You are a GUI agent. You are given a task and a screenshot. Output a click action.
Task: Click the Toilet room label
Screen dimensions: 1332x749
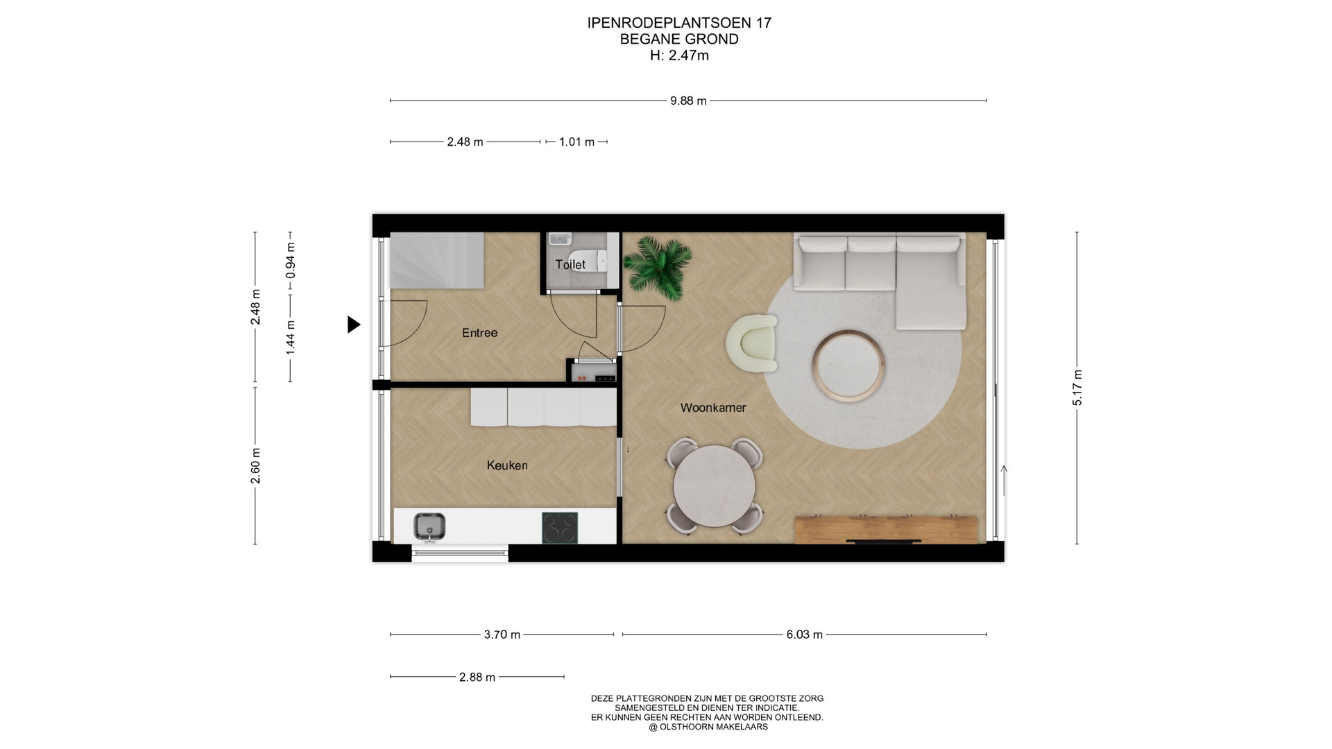click(570, 264)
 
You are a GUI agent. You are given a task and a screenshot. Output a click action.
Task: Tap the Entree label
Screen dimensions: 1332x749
click(479, 333)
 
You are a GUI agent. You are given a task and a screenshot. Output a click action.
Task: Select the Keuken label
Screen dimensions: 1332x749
click(507, 465)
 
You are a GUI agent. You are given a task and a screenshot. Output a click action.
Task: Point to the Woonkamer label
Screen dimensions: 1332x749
click(713, 408)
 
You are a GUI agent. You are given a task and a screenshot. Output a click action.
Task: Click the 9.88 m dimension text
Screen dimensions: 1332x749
click(688, 101)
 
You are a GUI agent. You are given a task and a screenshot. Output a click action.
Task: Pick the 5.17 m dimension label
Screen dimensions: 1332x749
click(1077, 388)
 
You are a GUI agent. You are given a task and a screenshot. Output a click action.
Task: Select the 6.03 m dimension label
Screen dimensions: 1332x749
click(805, 635)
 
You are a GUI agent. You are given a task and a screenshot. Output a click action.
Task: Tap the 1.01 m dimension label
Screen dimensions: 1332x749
click(577, 142)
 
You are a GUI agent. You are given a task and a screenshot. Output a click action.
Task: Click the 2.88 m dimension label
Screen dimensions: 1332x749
click(477, 677)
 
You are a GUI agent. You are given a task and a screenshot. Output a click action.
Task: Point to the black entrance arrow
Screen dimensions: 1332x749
click(353, 325)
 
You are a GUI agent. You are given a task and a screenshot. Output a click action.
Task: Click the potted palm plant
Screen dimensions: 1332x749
click(657, 268)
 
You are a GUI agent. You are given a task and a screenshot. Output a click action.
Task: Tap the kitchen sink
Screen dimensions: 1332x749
click(429, 526)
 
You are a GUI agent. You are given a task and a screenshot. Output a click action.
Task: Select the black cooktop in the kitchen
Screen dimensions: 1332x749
click(560, 527)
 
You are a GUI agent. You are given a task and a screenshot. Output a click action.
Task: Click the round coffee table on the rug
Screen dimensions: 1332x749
click(849, 365)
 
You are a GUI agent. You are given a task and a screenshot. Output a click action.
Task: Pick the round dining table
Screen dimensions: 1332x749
click(715, 486)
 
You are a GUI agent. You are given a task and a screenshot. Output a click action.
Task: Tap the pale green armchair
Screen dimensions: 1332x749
click(752, 343)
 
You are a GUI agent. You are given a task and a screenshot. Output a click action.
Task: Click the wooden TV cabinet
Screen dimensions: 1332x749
click(886, 530)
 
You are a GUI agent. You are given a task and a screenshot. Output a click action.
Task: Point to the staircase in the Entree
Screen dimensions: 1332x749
click(436, 260)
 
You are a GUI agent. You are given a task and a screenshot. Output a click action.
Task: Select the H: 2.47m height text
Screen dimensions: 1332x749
click(679, 55)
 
